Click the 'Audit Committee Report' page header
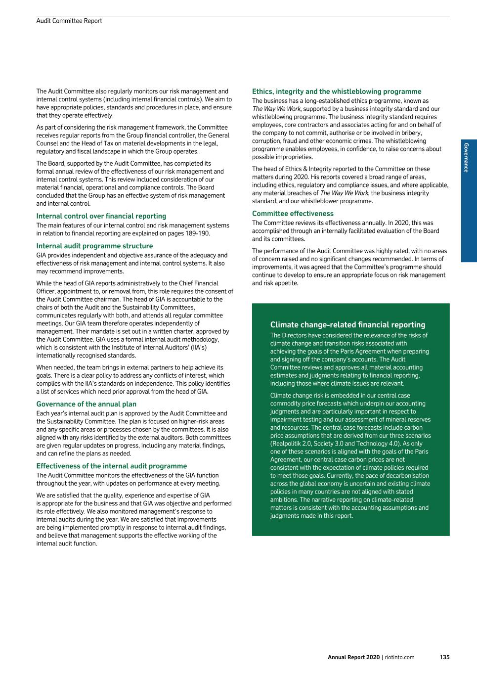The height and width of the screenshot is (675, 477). [x=69, y=21]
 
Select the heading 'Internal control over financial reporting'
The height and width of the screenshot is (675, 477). [x=101, y=216]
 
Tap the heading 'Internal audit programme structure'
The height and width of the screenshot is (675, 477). [x=94, y=246]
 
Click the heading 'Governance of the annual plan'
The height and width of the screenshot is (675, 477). [x=86, y=404]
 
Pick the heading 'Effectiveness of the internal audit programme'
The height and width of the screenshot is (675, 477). [x=111, y=466]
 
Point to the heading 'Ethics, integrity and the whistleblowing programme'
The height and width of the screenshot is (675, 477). [x=337, y=91]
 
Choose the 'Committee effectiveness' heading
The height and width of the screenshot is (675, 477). [x=293, y=214]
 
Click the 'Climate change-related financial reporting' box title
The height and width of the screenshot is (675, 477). [x=347, y=325]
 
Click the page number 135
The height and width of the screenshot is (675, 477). [x=444, y=657]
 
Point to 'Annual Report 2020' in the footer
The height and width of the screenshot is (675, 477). [x=353, y=657]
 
